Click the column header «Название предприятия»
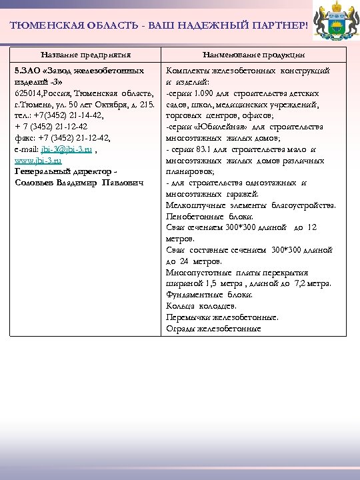tap(85, 54)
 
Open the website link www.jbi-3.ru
tap(38, 160)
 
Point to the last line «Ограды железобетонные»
tap(213, 329)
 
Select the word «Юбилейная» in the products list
tap(214, 127)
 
